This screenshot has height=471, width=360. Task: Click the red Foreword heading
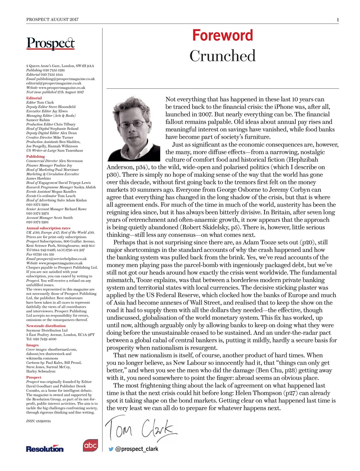point(222,36)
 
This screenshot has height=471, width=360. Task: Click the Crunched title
point(222,56)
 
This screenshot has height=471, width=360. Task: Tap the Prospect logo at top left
point(50,43)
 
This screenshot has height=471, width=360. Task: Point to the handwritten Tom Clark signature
point(140,428)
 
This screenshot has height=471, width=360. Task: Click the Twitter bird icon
point(111,449)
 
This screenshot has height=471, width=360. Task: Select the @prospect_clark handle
point(137,449)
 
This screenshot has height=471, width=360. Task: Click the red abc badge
point(90,445)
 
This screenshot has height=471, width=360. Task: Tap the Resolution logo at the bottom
point(44,449)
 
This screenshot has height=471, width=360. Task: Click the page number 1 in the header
point(337,20)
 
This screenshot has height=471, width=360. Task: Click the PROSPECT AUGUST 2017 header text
point(52,20)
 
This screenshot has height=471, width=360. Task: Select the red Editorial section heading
point(34,98)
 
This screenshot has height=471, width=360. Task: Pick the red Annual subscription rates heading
point(48,228)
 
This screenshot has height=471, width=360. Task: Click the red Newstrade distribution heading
point(46,326)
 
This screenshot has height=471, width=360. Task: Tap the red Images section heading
point(32,345)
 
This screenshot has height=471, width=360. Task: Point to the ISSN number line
point(38,421)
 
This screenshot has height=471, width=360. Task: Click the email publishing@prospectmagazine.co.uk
point(65,79)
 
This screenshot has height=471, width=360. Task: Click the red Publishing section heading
point(35,156)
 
